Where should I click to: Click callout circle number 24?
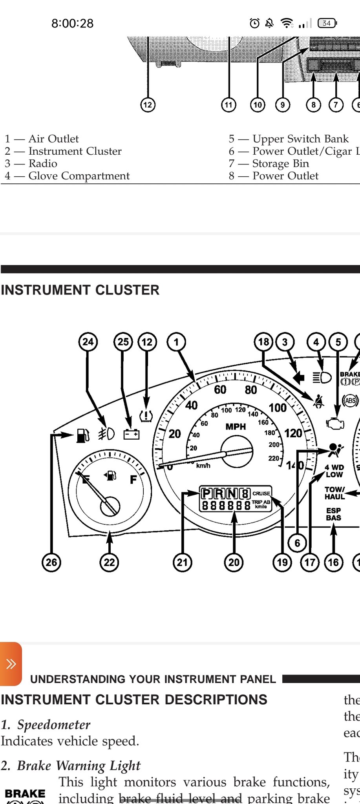pyautogui.click(x=88, y=342)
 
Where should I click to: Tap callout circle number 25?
pyautogui.click(x=123, y=342)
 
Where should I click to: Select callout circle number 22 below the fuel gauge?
pyautogui.click(x=109, y=562)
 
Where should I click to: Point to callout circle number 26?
pyautogui.click(x=51, y=562)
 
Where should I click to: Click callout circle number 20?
pyautogui.click(x=234, y=562)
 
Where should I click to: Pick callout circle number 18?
pyautogui.click(x=263, y=342)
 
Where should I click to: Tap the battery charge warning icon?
pyautogui.click(x=131, y=434)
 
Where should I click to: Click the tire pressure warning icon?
pyautogui.click(x=146, y=416)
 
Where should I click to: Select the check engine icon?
pyautogui.click(x=335, y=424)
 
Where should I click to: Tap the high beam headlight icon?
pyautogui.click(x=322, y=377)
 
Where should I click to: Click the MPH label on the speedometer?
pyautogui.click(x=236, y=427)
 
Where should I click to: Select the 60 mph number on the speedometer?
pyautogui.click(x=220, y=389)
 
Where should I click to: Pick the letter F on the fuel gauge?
pyautogui.click(x=133, y=479)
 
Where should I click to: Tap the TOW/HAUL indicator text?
pyautogui.click(x=334, y=493)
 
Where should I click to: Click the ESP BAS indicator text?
pyautogui.click(x=333, y=514)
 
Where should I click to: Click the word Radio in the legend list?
pyautogui.click(x=43, y=163)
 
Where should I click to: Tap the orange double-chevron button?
pyautogui.click(x=11, y=664)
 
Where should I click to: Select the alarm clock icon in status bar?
pyautogui.click(x=254, y=24)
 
